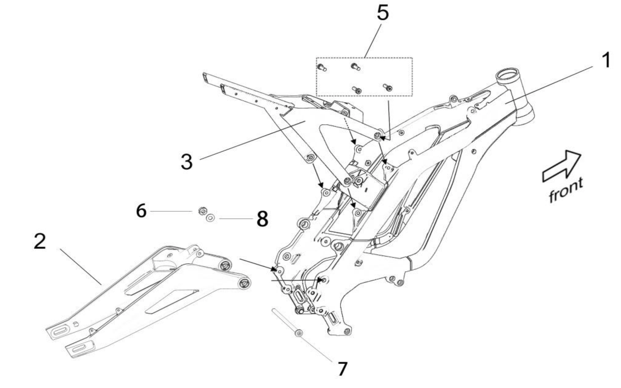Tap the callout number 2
(x=40, y=241)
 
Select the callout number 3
(x=186, y=162)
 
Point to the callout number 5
(x=383, y=13)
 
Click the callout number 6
(x=141, y=211)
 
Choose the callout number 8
(x=262, y=219)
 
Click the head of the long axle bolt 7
(x=298, y=333)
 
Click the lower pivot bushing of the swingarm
(x=244, y=283)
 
